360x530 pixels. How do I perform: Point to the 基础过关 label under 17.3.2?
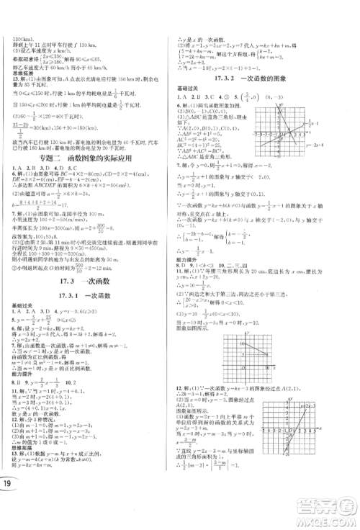188,89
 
